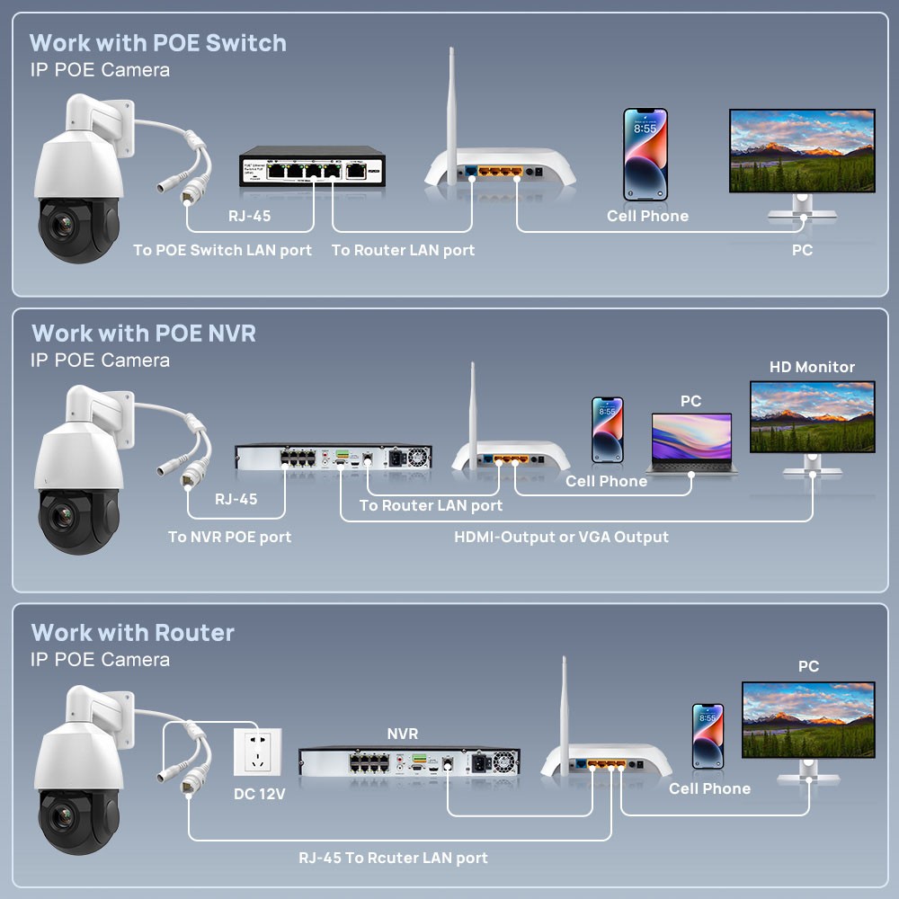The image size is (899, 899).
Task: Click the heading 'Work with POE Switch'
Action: tap(157, 43)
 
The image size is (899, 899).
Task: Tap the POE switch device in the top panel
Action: tap(313, 166)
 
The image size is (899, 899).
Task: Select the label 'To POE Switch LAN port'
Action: tap(222, 250)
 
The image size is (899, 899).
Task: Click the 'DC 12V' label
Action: tap(259, 794)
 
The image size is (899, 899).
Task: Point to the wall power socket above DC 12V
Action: tap(257, 752)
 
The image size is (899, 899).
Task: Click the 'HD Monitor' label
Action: tap(812, 367)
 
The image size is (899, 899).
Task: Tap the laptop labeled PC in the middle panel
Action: tap(692, 443)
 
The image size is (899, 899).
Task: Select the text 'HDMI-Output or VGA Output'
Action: tap(561, 538)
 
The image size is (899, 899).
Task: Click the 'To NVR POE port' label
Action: tap(229, 537)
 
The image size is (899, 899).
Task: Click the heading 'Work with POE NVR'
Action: tap(144, 334)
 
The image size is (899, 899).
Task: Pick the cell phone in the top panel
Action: tap(645, 155)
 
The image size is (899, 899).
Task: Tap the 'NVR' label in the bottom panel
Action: tap(403, 734)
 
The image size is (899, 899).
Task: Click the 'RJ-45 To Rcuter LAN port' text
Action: tap(394, 858)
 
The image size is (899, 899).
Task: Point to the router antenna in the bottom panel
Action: tap(565, 715)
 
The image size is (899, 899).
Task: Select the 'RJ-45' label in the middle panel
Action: tap(236, 499)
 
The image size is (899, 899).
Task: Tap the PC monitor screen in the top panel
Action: tap(802, 151)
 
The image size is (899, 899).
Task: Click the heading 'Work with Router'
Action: tap(132, 632)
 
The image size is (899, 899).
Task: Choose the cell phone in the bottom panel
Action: tap(708, 736)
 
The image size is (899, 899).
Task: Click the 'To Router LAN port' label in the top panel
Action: tap(403, 250)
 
